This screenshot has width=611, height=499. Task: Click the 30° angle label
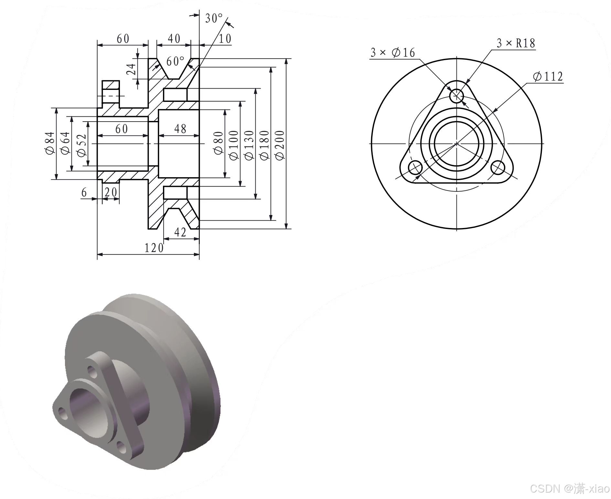point(214,18)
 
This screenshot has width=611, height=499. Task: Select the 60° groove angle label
point(175,61)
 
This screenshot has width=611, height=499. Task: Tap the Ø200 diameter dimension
point(280,145)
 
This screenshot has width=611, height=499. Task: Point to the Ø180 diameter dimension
point(264,145)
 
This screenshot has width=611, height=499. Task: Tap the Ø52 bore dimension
point(81,145)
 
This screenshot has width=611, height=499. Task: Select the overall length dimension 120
point(154,248)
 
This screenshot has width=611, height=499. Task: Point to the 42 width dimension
point(180,232)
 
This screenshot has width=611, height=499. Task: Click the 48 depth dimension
point(180,129)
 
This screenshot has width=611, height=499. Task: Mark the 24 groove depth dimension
point(131,69)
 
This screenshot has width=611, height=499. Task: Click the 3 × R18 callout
point(516,43)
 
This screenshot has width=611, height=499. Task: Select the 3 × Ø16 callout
point(392,52)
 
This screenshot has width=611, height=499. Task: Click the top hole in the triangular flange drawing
point(456,96)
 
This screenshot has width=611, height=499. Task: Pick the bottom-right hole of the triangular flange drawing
point(498,168)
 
